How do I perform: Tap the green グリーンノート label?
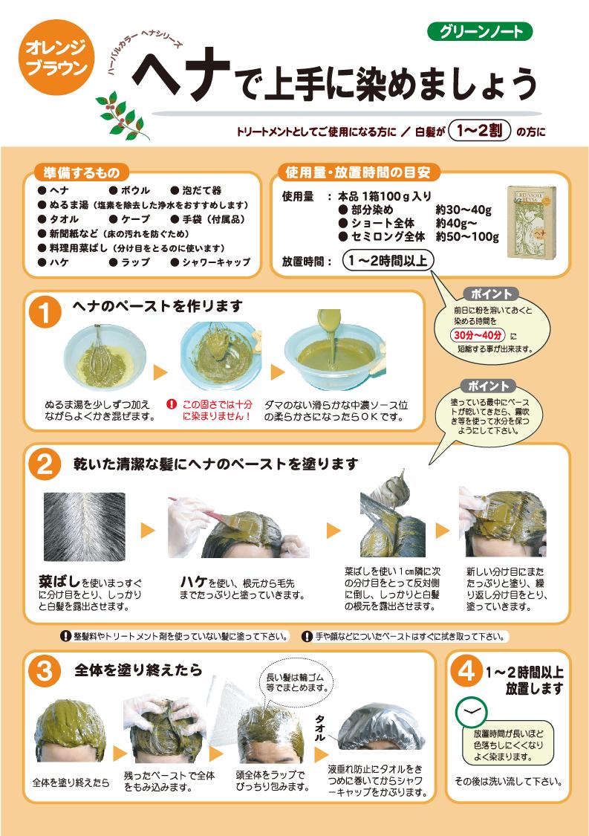[x=480, y=31]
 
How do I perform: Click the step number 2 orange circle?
[x=45, y=464]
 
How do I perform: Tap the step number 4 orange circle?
[x=466, y=670]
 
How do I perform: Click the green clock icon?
[x=469, y=713]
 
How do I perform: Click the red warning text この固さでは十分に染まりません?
[x=217, y=410]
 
